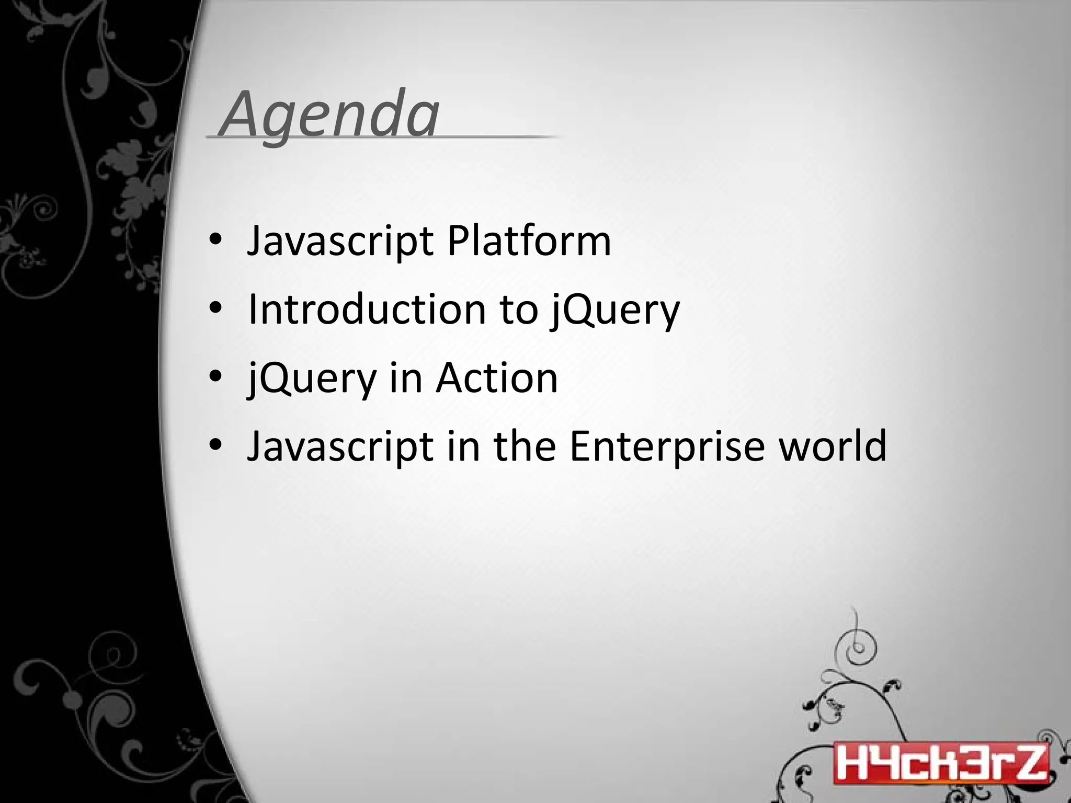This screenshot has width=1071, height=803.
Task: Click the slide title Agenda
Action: click(x=329, y=114)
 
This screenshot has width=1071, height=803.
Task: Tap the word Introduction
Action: click(x=367, y=309)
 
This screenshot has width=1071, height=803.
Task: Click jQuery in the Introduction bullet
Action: click(x=615, y=310)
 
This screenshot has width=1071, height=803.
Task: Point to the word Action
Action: click(x=497, y=377)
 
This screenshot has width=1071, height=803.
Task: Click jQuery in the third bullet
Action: click(x=312, y=378)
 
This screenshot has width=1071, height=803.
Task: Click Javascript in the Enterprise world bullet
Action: click(x=340, y=446)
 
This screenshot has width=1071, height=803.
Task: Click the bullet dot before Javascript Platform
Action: click(x=215, y=240)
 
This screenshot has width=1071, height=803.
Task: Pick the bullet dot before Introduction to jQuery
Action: click(x=215, y=308)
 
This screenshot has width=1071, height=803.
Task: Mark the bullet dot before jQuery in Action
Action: click(x=215, y=377)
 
